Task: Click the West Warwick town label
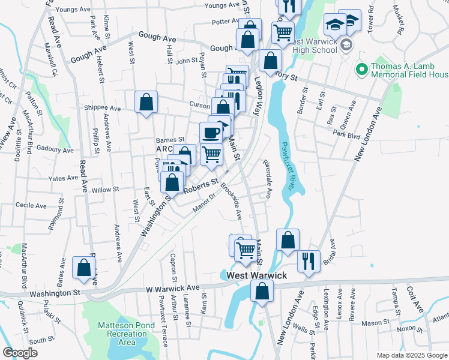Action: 256,275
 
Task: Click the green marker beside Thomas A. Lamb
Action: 361,70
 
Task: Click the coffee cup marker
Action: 211,132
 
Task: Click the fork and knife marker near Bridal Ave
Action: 309,261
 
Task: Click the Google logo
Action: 20,353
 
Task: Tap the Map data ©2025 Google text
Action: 411,355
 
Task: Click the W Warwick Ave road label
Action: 173,288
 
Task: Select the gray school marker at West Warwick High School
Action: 346,45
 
